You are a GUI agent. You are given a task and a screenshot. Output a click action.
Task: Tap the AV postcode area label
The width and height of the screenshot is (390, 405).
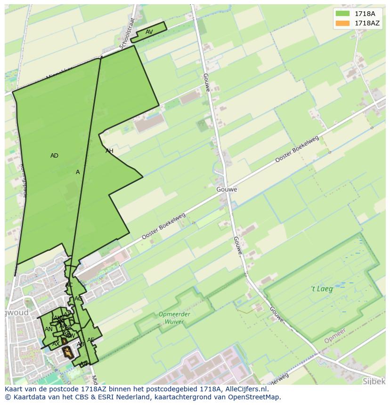pyautogui.click(x=149, y=32)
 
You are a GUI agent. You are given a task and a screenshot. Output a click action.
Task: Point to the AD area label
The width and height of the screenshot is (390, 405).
pyautogui.click(x=54, y=156)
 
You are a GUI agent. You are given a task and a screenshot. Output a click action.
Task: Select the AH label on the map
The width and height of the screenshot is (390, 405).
pyautogui.click(x=109, y=151)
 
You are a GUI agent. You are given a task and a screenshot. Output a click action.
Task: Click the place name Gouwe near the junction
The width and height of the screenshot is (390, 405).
pyautogui.click(x=227, y=190)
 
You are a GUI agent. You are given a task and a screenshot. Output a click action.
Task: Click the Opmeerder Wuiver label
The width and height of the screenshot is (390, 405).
pyautogui.click(x=174, y=318)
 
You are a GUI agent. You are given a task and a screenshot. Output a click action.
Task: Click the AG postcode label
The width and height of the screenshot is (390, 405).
pyautogui.click(x=78, y=299)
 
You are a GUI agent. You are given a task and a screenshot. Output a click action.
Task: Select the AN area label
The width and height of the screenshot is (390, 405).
pyautogui.click(x=49, y=329)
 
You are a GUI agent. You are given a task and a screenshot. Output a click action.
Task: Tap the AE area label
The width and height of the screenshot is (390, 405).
pyautogui.click(x=90, y=340)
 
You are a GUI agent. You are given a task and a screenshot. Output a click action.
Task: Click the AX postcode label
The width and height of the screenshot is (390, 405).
pyautogui.click(x=56, y=344)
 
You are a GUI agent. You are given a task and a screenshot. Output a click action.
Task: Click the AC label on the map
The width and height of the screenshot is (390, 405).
pyautogui.click(x=69, y=285)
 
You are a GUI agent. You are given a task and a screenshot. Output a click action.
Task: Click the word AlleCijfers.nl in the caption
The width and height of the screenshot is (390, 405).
pyautogui.click(x=246, y=389)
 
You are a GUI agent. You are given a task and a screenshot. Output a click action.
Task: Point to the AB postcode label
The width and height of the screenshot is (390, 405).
pyautogui.click(x=81, y=344)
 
